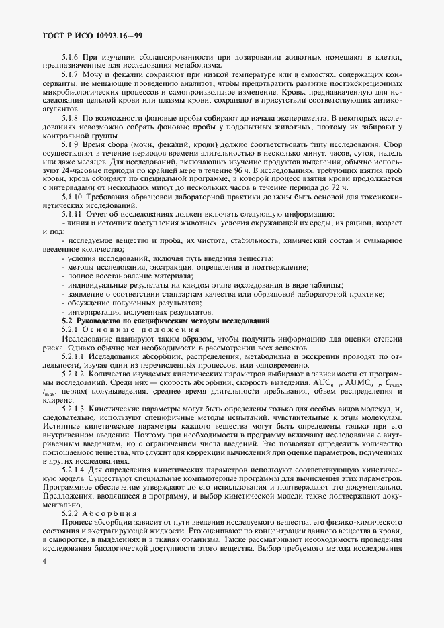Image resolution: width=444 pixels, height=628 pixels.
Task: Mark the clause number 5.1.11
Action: click(x=73, y=231)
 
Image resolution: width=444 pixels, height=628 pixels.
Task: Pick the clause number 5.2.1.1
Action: click(x=75, y=357)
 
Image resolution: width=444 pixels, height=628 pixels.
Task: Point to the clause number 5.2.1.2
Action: click(x=75, y=374)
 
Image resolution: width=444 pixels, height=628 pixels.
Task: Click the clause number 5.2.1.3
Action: click(x=75, y=409)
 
